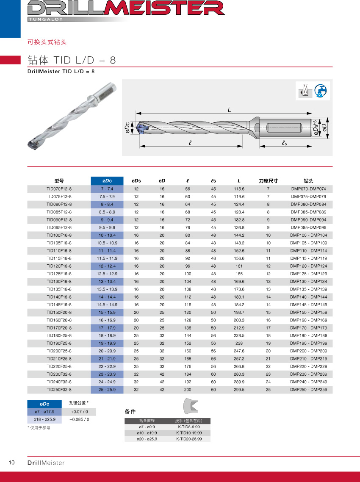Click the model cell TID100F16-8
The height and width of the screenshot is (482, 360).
59,235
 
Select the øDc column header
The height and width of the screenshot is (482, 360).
107,181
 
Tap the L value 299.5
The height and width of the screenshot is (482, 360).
239,389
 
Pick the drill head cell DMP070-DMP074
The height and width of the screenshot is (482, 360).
308,189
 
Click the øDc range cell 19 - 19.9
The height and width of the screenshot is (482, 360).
107,343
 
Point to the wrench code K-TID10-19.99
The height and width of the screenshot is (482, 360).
189,433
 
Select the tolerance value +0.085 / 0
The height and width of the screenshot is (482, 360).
79,419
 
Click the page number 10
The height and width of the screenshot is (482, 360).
12,463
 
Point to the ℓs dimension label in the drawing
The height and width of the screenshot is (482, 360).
285,143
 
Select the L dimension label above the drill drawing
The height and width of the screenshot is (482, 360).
229,110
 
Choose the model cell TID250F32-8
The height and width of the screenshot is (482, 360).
59,389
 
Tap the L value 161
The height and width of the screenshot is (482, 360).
239,266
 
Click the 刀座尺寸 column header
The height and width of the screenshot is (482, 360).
268,181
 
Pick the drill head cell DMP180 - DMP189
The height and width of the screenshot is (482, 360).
308,335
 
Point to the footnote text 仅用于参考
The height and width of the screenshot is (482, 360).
39,428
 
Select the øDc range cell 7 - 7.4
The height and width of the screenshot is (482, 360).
107,189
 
